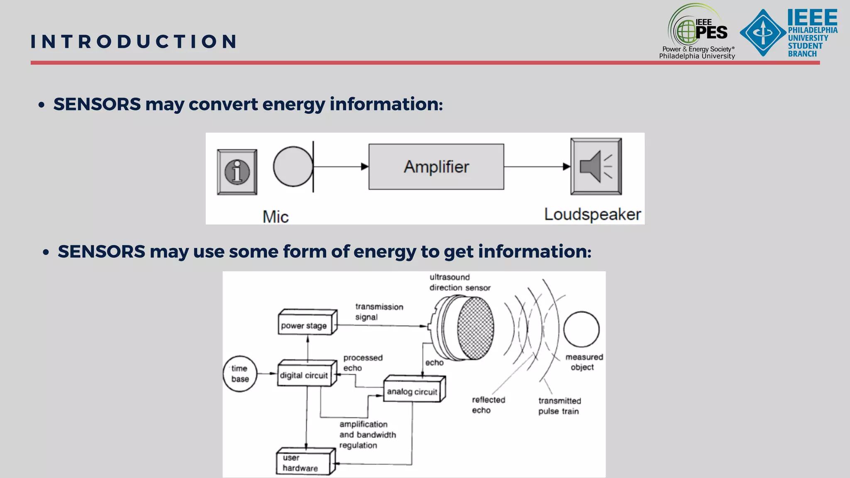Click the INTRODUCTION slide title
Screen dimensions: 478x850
tap(134, 41)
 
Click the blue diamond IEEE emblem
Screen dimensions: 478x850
tap(762, 32)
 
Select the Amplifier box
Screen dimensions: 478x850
tap(436, 167)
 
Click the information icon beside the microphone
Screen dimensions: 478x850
tap(237, 172)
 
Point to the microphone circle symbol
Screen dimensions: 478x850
tap(293, 166)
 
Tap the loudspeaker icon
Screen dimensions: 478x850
tap(596, 166)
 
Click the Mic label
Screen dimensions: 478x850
tap(276, 217)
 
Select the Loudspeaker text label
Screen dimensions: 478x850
tap(592, 215)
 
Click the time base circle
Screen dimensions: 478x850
tap(240, 374)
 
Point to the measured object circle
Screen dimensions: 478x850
tap(581, 329)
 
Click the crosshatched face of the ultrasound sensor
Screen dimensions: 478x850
tap(476, 328)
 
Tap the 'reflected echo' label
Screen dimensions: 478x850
tap(488, 405)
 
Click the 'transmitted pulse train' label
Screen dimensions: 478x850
tap(559, 406)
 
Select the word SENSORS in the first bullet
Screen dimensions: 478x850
tap(97, 104)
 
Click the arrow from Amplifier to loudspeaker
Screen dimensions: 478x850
tap(537, 167)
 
